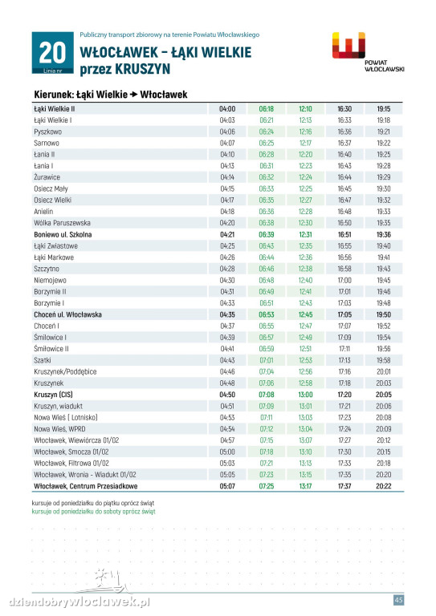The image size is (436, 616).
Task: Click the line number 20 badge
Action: tap(53, 53)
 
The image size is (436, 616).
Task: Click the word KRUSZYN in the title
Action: tap(142, 69)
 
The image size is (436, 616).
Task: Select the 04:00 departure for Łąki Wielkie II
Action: tap(227, 109)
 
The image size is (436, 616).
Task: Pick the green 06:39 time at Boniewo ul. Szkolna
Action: tap(266, 234)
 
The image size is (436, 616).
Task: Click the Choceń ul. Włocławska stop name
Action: tap(67, 314)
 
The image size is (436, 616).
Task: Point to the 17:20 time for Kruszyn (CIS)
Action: tap(344, 395)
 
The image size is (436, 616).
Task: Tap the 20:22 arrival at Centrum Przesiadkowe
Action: tap(383, 486)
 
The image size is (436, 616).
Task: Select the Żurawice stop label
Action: tap(47, 177)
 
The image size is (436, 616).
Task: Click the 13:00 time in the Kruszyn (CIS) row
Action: tap(305, 395)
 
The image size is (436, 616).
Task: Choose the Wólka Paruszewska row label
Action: tap(62, 223)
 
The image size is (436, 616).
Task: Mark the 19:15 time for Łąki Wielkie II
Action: tap(383, 109)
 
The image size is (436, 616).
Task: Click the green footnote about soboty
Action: tap(94, 512)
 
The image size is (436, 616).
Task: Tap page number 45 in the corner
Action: tap(398, 600)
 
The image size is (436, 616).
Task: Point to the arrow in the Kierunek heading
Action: tap(133, 95)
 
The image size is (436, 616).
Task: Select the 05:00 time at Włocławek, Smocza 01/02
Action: tap(227, 452)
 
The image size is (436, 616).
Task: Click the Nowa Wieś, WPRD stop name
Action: tap(59, 429)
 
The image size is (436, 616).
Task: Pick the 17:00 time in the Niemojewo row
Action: tap(344, 280)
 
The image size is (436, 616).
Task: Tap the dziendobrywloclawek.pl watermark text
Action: tap(79, 602)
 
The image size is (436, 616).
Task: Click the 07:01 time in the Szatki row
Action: tap(266, 360)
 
